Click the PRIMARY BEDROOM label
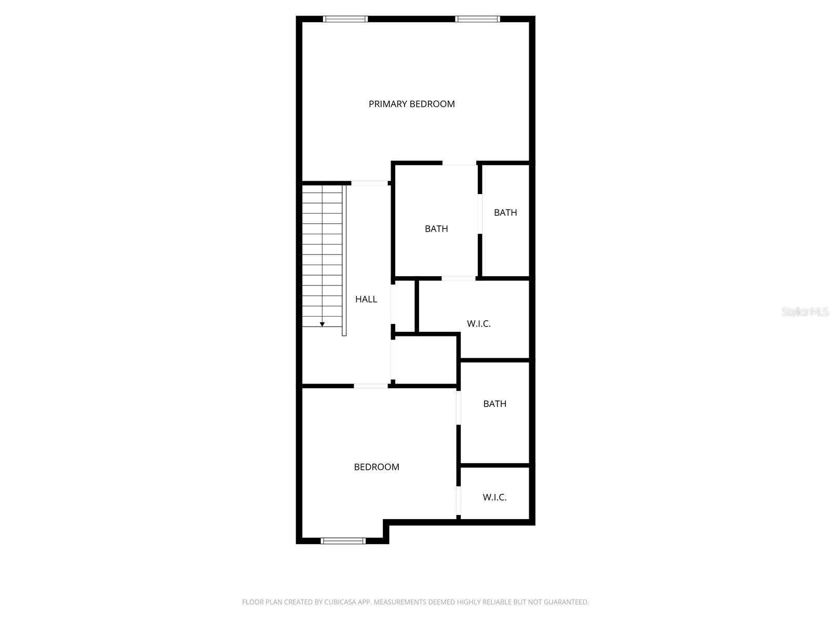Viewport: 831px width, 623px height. coord(411,104)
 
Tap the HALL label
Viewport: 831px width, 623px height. coord(366,299)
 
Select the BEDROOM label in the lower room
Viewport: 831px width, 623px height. coord(377,467)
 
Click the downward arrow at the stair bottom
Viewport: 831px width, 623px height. coord(322,324)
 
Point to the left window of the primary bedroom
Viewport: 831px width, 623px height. coord(345,19)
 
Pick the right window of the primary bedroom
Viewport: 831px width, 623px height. coord(478,19)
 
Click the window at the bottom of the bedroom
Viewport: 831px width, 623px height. coord(343,541)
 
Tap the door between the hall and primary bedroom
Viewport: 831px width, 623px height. coord(370,183)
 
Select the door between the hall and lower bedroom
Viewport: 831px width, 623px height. coord(371,386)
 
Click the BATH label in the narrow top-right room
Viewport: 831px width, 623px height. coord(505,212)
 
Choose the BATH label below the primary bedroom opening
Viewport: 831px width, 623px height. coord(436,228)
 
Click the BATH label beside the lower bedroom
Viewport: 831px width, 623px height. coord(494,403)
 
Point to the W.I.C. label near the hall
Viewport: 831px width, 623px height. coord(478,323)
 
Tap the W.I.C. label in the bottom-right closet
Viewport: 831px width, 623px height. coord(494,497)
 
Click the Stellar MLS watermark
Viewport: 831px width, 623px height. coord(805,311)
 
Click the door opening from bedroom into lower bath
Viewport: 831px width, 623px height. coord(459,408)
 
